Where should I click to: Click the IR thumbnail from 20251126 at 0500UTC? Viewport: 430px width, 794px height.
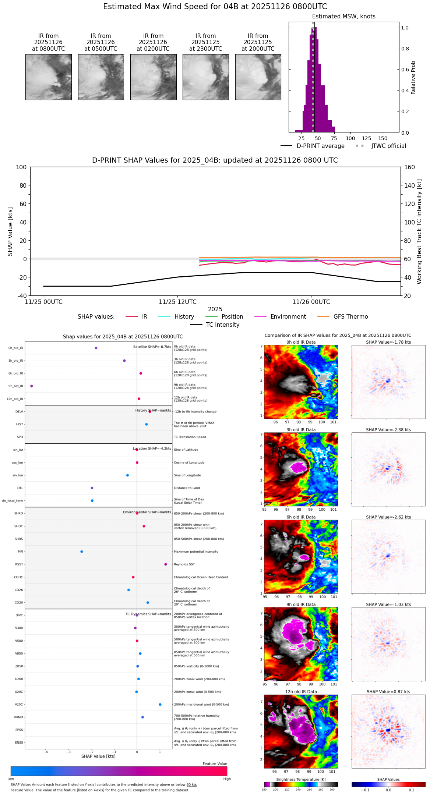click(101, 77)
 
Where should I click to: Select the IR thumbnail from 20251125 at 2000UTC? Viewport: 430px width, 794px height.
click(258, 77)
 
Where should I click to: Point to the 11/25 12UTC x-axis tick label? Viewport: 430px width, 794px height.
click(177, 302)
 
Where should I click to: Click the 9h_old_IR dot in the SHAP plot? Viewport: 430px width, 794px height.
click(32, 386)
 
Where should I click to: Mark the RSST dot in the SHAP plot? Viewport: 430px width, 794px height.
click(166, 564)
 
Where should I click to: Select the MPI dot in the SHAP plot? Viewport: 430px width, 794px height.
click(82, 552)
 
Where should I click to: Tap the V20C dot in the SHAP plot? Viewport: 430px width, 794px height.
click(160, 705)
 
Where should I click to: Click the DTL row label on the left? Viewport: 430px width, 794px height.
click(20, 488)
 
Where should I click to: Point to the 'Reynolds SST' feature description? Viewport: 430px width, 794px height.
click(184, 564)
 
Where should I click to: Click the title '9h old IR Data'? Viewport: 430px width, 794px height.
click(301, 605)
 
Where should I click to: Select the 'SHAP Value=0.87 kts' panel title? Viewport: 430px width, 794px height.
click(388, 692)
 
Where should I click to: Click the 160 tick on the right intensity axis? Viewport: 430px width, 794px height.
click(409, 167)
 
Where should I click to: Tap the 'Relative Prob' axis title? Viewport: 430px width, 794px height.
click(413, 78)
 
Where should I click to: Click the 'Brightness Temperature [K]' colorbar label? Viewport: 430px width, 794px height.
click(301, 780)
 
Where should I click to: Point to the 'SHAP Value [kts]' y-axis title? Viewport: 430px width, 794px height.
click(10, 231)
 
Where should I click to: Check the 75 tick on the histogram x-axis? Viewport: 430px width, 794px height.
click(334, 139)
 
